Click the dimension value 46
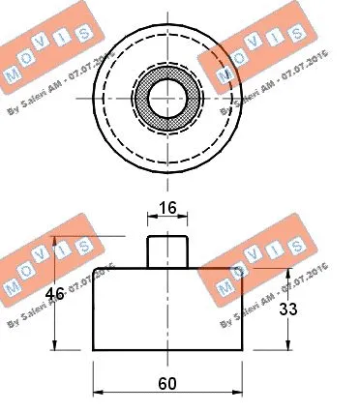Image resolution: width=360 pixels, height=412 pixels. [55, 295]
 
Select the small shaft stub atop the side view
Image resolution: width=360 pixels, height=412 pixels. [165, 251]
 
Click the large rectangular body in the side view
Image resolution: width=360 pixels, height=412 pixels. [166, 309]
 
